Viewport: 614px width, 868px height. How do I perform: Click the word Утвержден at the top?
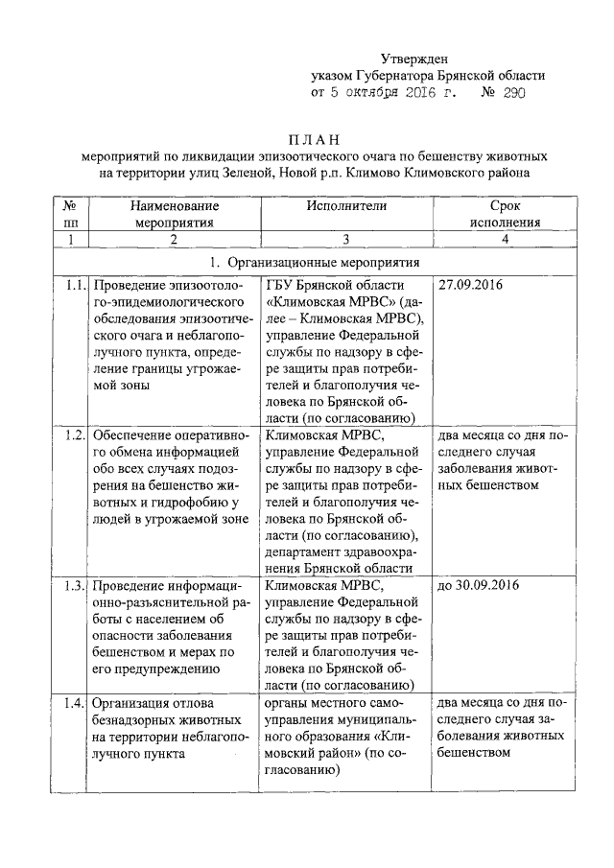[414, 59]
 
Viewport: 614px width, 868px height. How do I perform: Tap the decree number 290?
[513, 94]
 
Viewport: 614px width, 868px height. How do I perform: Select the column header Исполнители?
[346, 205]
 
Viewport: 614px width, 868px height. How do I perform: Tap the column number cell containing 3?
[346, 239]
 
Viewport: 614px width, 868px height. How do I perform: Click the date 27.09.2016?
[471, 286]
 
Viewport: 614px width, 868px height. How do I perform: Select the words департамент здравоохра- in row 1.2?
[342, 551]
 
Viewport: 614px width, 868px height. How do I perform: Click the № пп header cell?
[71, 213]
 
